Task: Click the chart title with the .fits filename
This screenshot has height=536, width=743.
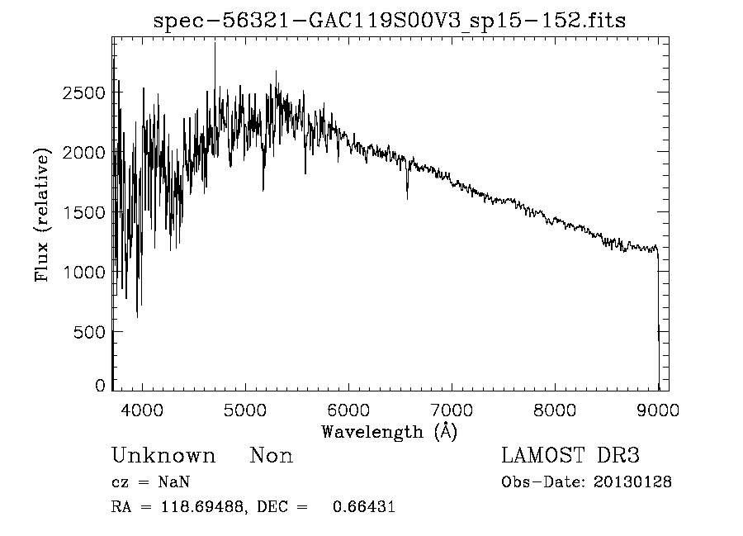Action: [x=390, y=21]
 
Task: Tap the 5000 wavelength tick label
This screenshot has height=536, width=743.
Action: [x=245, y=409]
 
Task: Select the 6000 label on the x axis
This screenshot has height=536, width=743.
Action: [x=348, y=409]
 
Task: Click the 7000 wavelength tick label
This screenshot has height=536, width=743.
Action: [x=452, y=409]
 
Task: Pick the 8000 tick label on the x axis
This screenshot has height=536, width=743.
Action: [x=555, y=409]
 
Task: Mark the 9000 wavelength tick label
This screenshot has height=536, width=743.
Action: [x=658, y=409]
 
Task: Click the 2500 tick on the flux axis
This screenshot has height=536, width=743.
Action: [x=83, y=93]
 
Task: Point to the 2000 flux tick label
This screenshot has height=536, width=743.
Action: [x=83, y=153]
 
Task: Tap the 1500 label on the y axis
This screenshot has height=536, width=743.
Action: [x=83, y=212]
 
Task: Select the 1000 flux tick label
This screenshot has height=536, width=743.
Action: [x=83, y=272]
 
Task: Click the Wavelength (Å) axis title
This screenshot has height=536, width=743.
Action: [x=390, y=431]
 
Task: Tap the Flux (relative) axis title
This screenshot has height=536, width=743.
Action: [x=42, y=215]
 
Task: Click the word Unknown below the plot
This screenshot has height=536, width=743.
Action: [x=163, y=456]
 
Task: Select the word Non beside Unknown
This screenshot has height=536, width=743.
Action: [x=271, y=456]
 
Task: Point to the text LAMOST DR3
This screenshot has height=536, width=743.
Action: [x=570, y=456]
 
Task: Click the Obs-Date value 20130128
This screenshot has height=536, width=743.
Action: [x=632, y=482]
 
